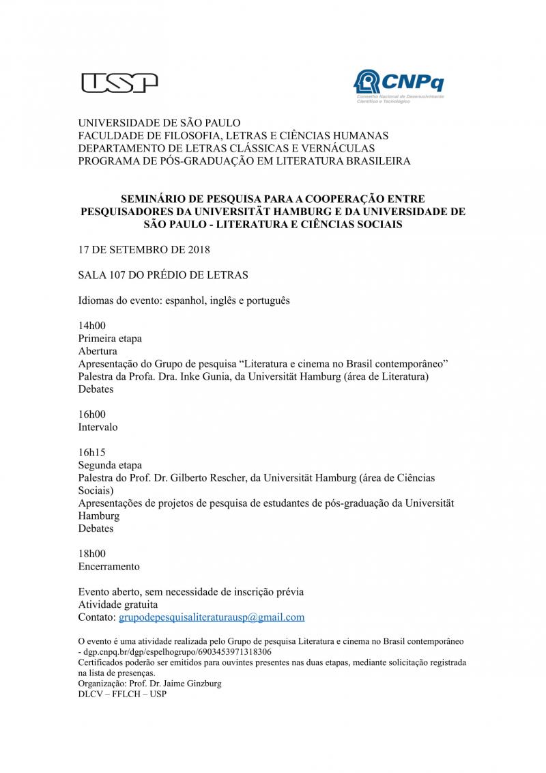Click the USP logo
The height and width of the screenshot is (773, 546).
pyautogui.click(x=119, y=83)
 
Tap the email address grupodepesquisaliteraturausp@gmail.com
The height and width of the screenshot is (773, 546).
pyautogui.click(x=212, y=617)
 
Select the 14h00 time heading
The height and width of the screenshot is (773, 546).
pyautogui.click(x=92, y=326)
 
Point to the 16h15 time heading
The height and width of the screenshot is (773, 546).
pyautogui.click(x=92, y=452)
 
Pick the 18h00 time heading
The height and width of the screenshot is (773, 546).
pyautogui.click(x=92, y=554)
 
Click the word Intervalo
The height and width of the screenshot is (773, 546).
pyautogui.click(x=98, y=427)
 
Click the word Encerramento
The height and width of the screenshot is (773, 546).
pyautogui.click(x=109, y=566)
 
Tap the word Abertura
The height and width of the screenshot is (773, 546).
pyautogui.click(x=98, y=351)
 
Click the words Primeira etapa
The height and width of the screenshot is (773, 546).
pyautogui.click(x=110, y=338)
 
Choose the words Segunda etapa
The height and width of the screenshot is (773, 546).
pyautogui.click(x=111, y=465)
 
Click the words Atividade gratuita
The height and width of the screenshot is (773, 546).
pyautogui.click(x=118, y=604)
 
